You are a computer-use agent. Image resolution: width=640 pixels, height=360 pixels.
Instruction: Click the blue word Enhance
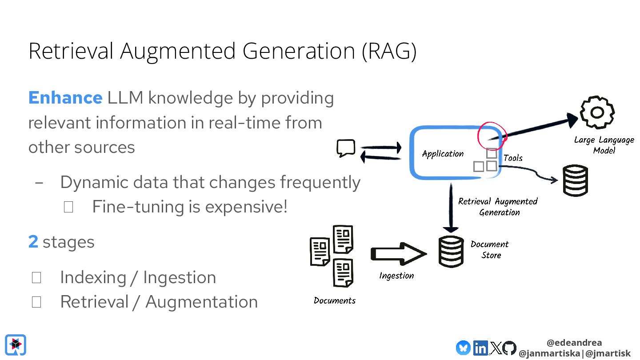click(65, 98)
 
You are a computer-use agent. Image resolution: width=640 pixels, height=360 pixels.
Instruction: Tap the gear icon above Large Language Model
click(597, 113)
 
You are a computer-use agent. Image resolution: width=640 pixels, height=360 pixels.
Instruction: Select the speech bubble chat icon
click(346, 148)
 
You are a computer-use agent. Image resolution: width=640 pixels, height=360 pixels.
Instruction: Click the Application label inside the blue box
click(443, 154)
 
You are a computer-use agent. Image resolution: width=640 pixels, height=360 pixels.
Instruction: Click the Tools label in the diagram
click(513, 158)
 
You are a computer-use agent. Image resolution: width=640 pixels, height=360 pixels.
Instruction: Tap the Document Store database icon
click(451, 252)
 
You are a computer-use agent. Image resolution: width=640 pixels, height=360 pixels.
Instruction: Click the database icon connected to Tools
click(575, 180)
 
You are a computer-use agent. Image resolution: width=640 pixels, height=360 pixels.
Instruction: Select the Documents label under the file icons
click(335, 300)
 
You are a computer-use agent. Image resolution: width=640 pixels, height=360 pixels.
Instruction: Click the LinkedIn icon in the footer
click(480, 348)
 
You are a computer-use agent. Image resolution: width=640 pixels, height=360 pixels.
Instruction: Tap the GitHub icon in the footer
click(509, 348)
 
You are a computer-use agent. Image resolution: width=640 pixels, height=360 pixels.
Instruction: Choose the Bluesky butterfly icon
click(463, 348)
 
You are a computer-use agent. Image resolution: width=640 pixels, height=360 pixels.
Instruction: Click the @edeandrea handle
click(574, 343)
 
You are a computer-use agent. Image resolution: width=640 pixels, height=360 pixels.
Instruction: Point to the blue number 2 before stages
click(33, 242)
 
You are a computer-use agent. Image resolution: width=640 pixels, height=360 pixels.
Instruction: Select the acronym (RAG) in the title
click(389, 52)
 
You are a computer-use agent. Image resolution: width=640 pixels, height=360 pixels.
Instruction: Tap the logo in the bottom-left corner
click(16, 345)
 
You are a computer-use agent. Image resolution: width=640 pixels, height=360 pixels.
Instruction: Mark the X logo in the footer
click(495, 348)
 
